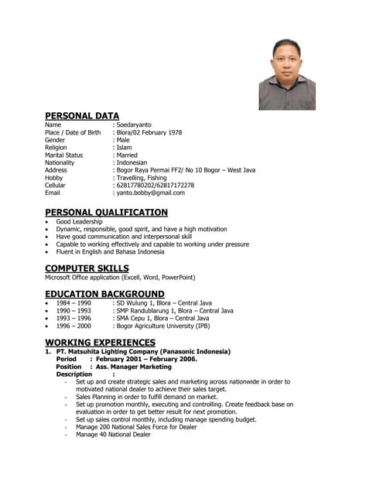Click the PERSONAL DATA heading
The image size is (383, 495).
[82, 116]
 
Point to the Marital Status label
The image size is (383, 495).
[64, 155]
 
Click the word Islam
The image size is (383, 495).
[126, 147]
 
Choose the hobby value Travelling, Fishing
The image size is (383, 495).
[145, 178]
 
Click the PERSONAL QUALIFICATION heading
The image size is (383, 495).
[106, 213]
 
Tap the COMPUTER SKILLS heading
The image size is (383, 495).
[87, 268]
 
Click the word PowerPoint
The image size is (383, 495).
[178, 277]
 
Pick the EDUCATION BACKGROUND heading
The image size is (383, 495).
[104, 294]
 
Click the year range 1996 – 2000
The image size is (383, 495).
[74, 326]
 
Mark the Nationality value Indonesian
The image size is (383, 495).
[136, 162]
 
